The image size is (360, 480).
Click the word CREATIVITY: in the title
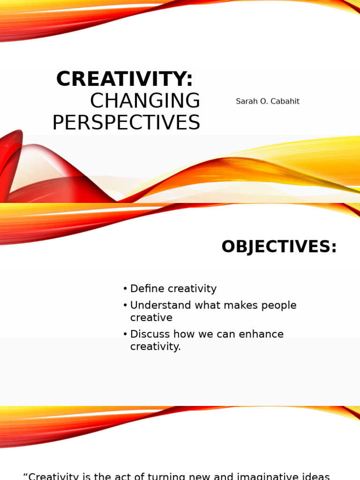pos(124,79)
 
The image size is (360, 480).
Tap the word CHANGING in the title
pos(145,101)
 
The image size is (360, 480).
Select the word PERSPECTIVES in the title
pos(126,123)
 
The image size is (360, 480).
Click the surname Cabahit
pos(284,101)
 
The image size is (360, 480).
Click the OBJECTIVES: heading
pos(279,247)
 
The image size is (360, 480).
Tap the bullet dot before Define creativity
pos(125,289)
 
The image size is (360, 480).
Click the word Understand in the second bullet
pos(157,306)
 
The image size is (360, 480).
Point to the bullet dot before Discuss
pos(125,334)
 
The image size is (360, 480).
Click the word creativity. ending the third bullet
pos(155,347)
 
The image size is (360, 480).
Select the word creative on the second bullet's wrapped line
pos(151,318)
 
